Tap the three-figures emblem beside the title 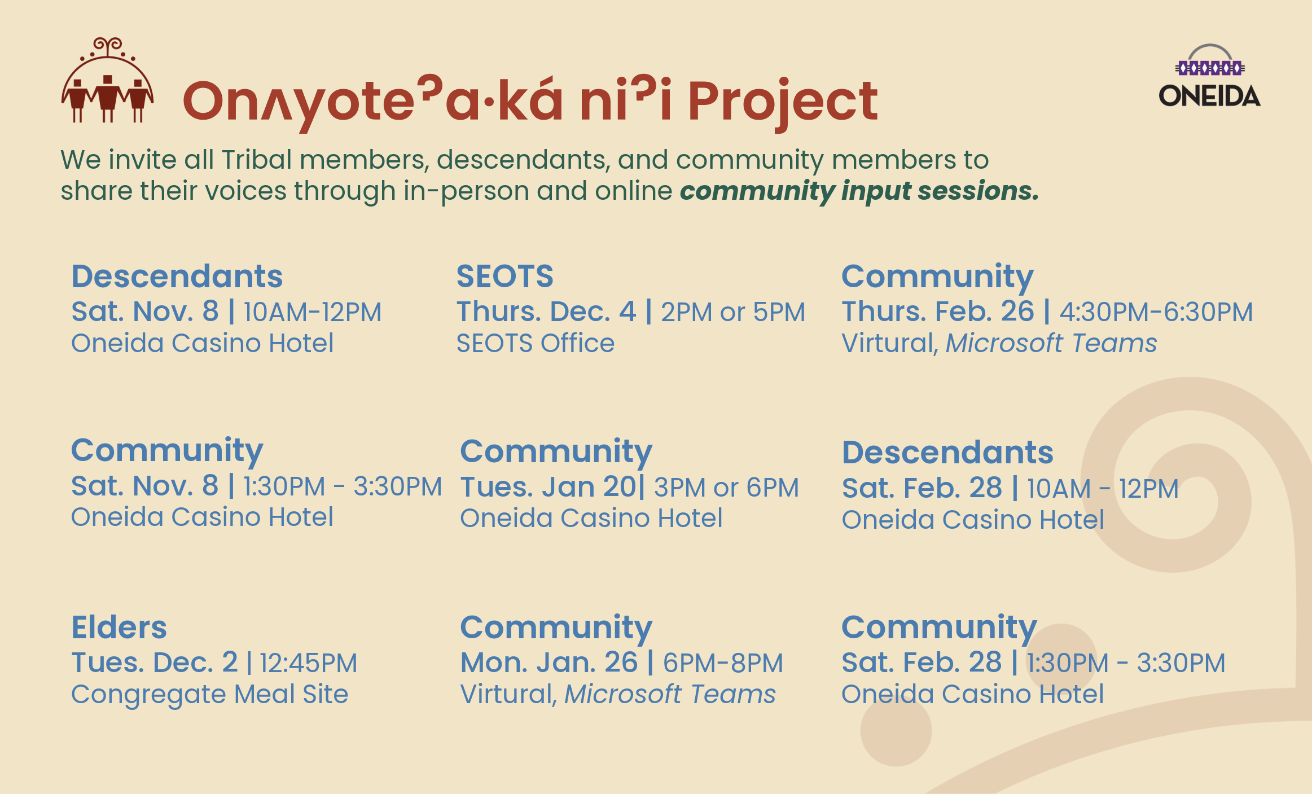(107, 80)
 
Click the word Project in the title (783, 102)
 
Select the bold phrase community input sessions (859, 191)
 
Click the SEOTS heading (504, 276)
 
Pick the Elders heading (119, 627)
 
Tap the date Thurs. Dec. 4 (546, 312)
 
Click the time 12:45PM (308, 663)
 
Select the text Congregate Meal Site (209, 695)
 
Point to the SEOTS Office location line (535, 343)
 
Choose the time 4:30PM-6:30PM (1156, 312)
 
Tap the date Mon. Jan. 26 (549, 663)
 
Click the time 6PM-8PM (723, 663)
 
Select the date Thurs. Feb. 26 (937, 312)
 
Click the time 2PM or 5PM (733, 312)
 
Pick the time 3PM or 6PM (727, 488)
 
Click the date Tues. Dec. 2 (154, 663)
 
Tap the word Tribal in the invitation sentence (256, 160)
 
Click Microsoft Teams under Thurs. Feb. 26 (1051, 343)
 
